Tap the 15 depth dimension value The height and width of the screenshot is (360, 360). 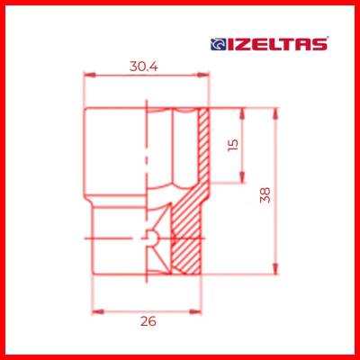click(234, 144)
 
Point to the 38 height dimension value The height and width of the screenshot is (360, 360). click(264, 193)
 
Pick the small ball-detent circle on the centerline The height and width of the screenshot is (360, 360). click(152, 238)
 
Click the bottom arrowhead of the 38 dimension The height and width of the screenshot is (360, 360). click(277, 271)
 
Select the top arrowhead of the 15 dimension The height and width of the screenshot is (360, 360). click(244, 111)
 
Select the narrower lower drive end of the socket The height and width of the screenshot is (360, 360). click(117, 243)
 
